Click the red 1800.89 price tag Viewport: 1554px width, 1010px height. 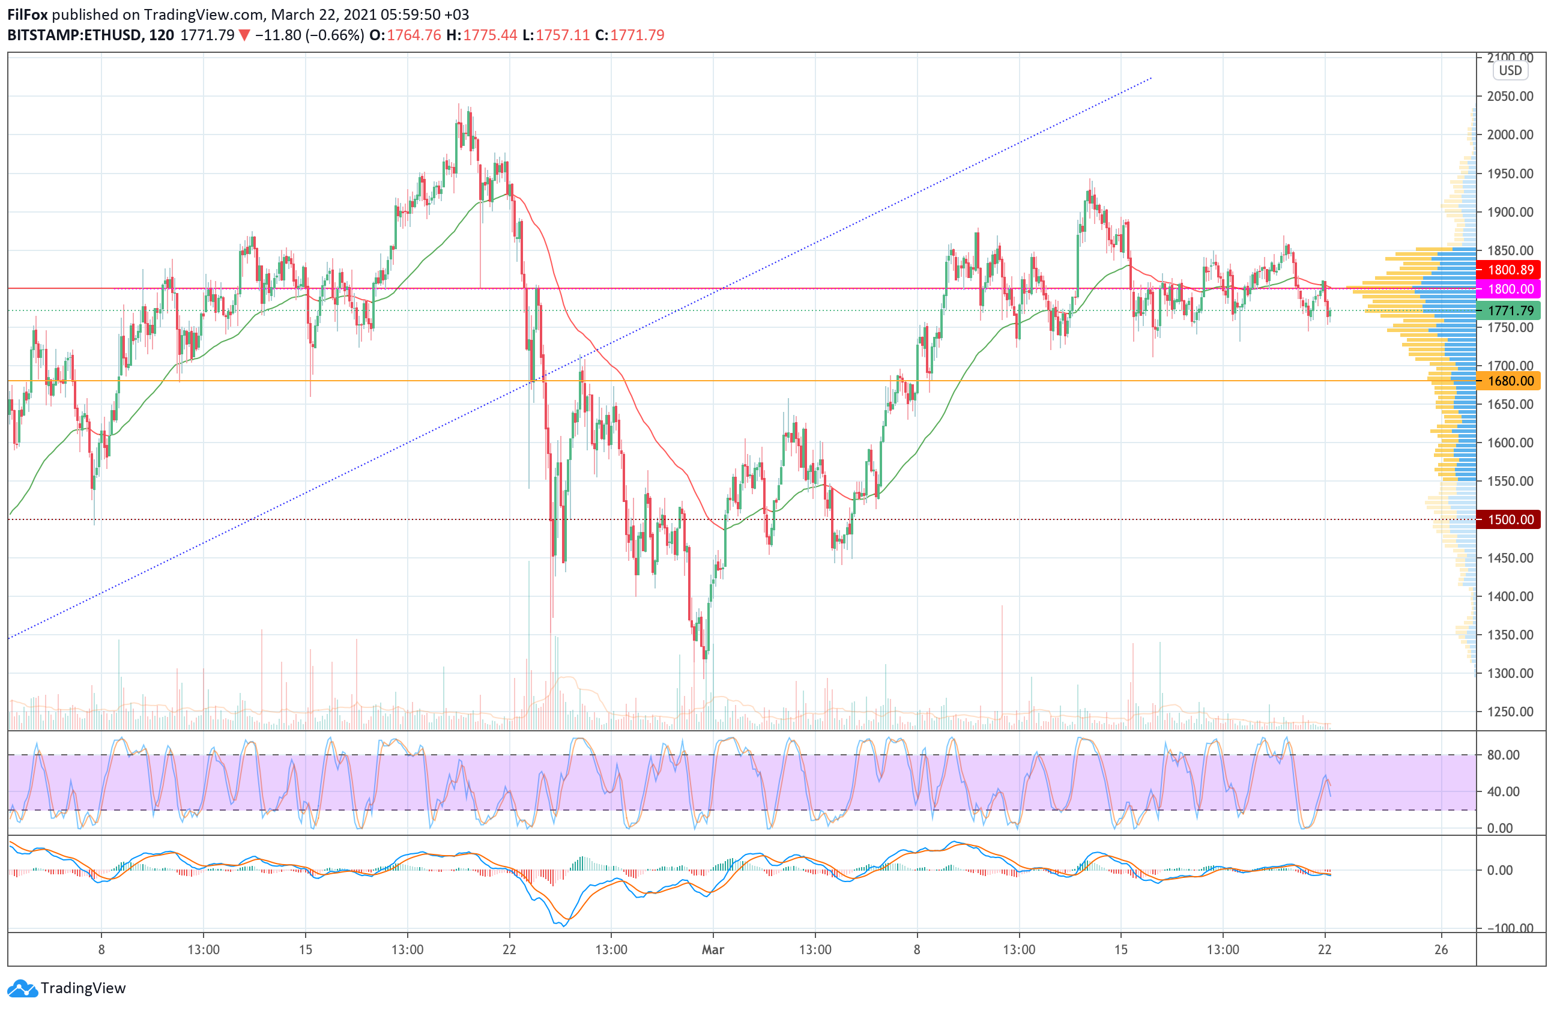tap(1510, 270)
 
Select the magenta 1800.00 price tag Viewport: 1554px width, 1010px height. tap(1510, 289)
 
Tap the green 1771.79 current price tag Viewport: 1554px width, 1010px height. tap(1510, 311)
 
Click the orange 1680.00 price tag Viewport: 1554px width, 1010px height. tap(1510, 381)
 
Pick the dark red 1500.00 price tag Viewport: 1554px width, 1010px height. tap(1510, 519)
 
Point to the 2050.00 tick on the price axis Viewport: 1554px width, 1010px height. tap(1510, 97)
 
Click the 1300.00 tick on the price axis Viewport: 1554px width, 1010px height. tap(1510, 673)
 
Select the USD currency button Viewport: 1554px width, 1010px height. tap(1510, 70)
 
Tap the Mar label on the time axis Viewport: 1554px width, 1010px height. tap(712, 949)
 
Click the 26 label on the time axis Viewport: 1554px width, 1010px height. tap(1441, 949)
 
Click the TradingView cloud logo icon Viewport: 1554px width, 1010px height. tap(23, 988)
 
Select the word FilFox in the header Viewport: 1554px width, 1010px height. tap(28, 14)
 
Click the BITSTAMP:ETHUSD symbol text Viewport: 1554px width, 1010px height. tap(74, 35)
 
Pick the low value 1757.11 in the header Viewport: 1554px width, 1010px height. tap(562, 35)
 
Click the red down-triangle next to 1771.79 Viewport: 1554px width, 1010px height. tap(244, 36)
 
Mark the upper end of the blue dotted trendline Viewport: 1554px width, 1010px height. tap(1150, 78)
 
